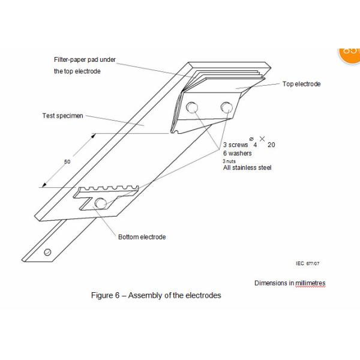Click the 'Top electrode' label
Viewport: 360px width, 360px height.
[x=301, y=84]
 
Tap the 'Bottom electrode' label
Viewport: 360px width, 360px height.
[x=142, y=237]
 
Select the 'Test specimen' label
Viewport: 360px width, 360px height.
[x=62, y=116]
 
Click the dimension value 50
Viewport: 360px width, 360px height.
[x=67, y=161]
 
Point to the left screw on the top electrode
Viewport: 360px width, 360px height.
[x=192, y=107]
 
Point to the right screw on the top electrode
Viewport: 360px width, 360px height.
[x=227, y=107]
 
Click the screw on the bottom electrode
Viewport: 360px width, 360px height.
[x=101, y=203]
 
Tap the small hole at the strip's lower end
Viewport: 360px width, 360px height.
[x=47, y=252]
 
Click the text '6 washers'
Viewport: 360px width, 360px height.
[x=238, y=153]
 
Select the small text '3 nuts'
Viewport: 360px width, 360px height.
[x=229, y=161]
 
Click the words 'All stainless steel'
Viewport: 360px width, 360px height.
[x=247, y=167]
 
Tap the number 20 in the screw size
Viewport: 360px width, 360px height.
[x=271, y=145]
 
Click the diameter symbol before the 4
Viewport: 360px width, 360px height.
[x=251, y=139]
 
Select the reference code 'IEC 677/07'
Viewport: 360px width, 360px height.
[x=308, y=263]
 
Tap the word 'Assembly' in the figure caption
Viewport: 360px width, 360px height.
[x=146, y=295]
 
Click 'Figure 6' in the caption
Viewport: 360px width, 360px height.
[x=106, y=295]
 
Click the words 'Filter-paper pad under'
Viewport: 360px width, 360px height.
[x=85, y=59]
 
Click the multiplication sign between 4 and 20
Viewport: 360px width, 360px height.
[x=262, y=139]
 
